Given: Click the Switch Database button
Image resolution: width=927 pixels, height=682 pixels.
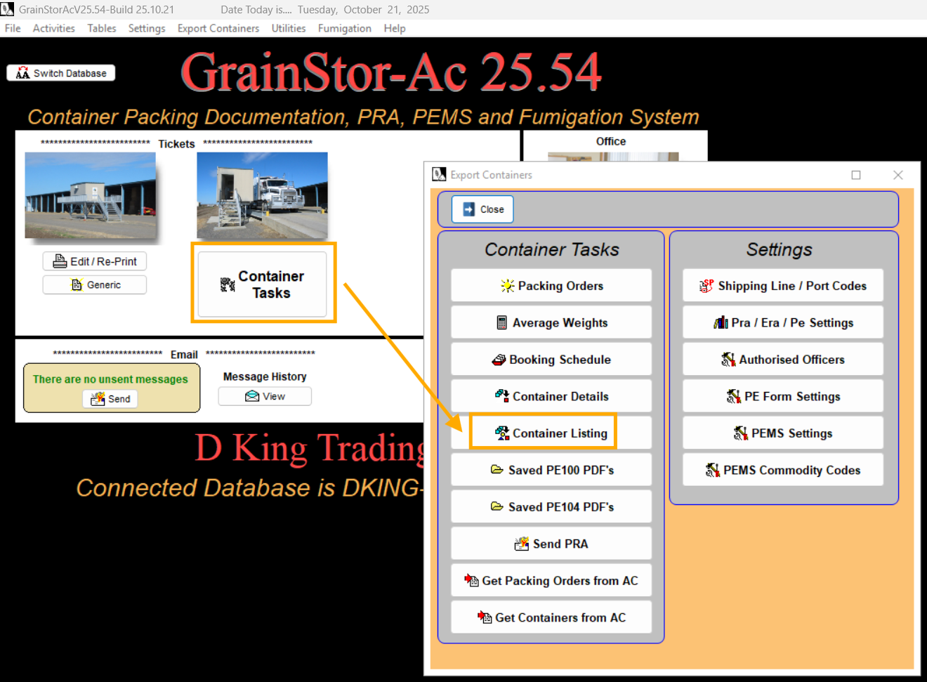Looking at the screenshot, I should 61,73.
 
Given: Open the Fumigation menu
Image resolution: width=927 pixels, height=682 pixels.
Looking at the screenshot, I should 344,28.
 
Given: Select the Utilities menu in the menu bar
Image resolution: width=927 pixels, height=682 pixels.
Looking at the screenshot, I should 289,28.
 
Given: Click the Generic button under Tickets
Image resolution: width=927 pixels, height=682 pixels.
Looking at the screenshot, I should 95,284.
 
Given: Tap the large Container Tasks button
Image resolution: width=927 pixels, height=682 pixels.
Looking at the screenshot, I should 263,284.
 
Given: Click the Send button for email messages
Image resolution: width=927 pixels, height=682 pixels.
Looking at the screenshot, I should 111,399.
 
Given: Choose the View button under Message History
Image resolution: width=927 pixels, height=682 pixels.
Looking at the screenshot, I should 265,396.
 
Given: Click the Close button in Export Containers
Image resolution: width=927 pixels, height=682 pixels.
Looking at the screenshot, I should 483,209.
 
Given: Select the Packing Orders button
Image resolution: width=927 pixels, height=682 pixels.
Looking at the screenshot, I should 551,286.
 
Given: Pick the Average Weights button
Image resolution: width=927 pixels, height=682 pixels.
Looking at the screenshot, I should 551,323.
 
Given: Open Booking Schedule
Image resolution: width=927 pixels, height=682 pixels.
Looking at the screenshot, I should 551,360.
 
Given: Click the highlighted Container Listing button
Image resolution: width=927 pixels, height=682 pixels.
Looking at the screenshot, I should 551,433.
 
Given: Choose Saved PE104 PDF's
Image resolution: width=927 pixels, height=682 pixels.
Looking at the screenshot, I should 551,507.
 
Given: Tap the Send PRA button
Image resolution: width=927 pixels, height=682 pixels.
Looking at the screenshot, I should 551,544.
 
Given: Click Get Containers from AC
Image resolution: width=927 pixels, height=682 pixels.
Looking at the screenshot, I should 551,617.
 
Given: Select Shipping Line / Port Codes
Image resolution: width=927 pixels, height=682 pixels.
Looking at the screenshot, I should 783,286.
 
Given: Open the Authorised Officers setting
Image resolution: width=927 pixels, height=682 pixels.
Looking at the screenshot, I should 783,360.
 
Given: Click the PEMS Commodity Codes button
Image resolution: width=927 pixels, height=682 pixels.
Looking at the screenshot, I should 783,470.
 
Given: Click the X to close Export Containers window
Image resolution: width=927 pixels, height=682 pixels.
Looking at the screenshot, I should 898,175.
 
